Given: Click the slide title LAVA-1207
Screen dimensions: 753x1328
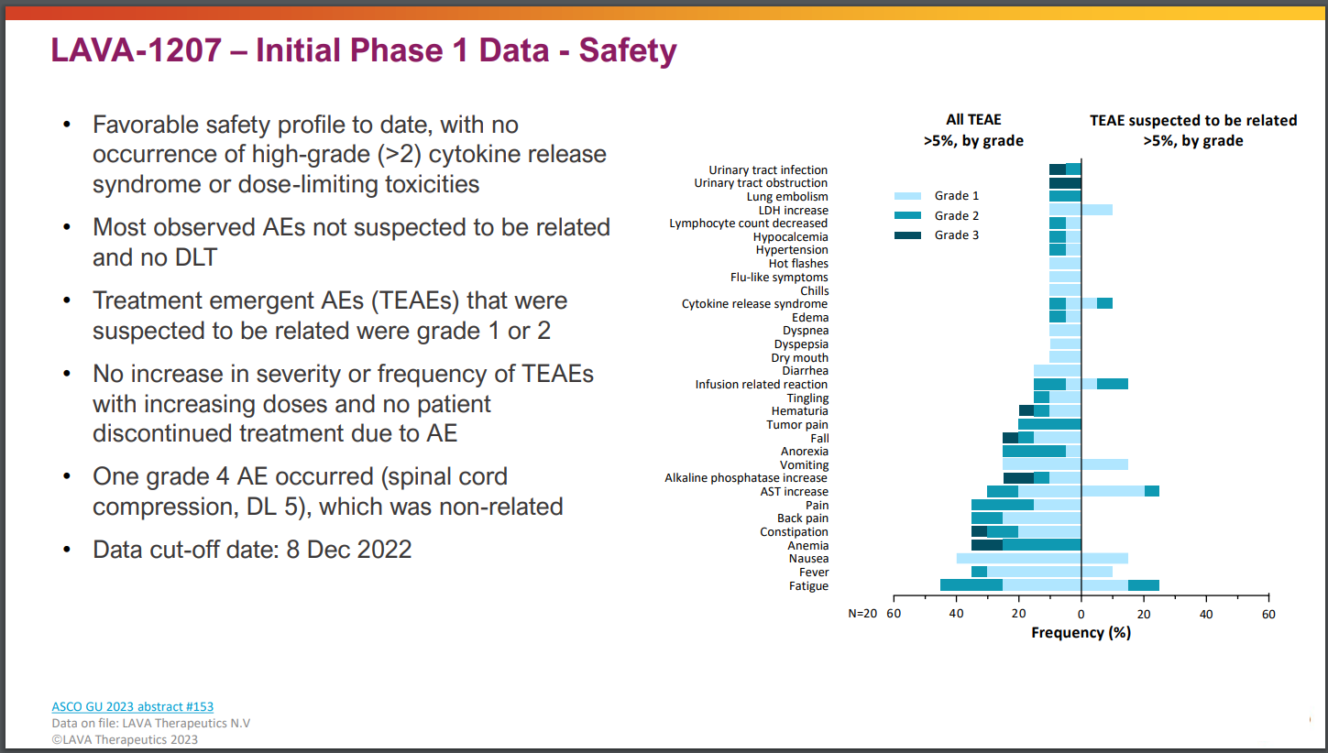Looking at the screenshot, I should [x=364, y=50].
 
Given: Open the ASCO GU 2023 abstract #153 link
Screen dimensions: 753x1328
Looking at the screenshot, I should [x=132, y=706].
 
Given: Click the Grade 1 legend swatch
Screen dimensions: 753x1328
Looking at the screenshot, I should [x=907, y=196].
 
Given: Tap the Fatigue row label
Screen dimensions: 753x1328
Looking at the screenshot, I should [x=808, y=586].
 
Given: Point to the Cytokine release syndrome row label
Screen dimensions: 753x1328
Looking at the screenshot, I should [x=754, y=304].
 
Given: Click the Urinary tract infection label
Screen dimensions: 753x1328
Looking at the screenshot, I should [x=768, y=170].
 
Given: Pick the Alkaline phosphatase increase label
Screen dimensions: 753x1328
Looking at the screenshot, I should [x=746, y=478].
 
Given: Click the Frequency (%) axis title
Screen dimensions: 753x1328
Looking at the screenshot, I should [x=1081, y=633].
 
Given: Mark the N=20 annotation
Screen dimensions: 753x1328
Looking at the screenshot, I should [x=862, y=614].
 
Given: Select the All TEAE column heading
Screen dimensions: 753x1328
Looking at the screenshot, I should [x=973, y=120].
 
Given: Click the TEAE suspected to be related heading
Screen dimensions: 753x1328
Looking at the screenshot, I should [x=1192, y=120].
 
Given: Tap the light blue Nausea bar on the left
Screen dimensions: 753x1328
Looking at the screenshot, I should [x=1018, y=559].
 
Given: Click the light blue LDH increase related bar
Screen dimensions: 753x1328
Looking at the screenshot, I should [x=1097, y=210].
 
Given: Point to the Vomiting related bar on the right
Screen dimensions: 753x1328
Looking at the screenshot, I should [x=1104, y=464].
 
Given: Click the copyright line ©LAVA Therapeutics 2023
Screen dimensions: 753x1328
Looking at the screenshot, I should [x=125, y=739].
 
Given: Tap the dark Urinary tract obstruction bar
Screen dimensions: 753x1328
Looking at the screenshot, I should [x=1065, y=183].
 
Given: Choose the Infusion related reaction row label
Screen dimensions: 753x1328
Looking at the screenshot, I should [x=761, y=385].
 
